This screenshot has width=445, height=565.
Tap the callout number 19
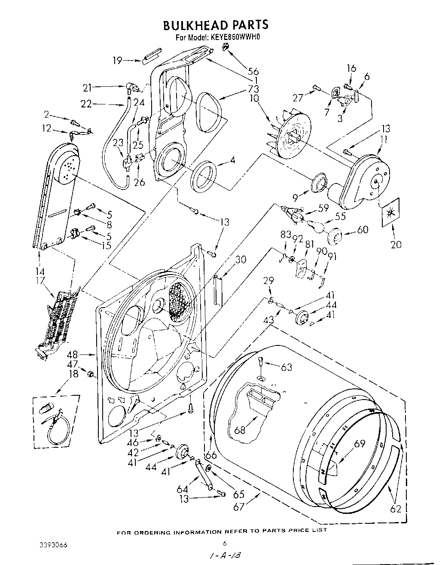pyautogui.click(x=117, y=61)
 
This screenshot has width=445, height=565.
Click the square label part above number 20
pyautogui.click(x=390, y=212)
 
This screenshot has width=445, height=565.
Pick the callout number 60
pyautogui.click(x=363, y=230)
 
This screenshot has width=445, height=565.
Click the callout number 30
pyautogui.click(x=241, y=259)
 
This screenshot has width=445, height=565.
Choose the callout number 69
pyautogui.click(x=359, y=444)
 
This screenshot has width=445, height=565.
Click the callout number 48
pyautogui.click(x=72, y=355)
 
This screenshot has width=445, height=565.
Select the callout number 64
pyautogui.click(x=183, y=489)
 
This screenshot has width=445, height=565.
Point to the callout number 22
pyautogui.click(x=86, y=104)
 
